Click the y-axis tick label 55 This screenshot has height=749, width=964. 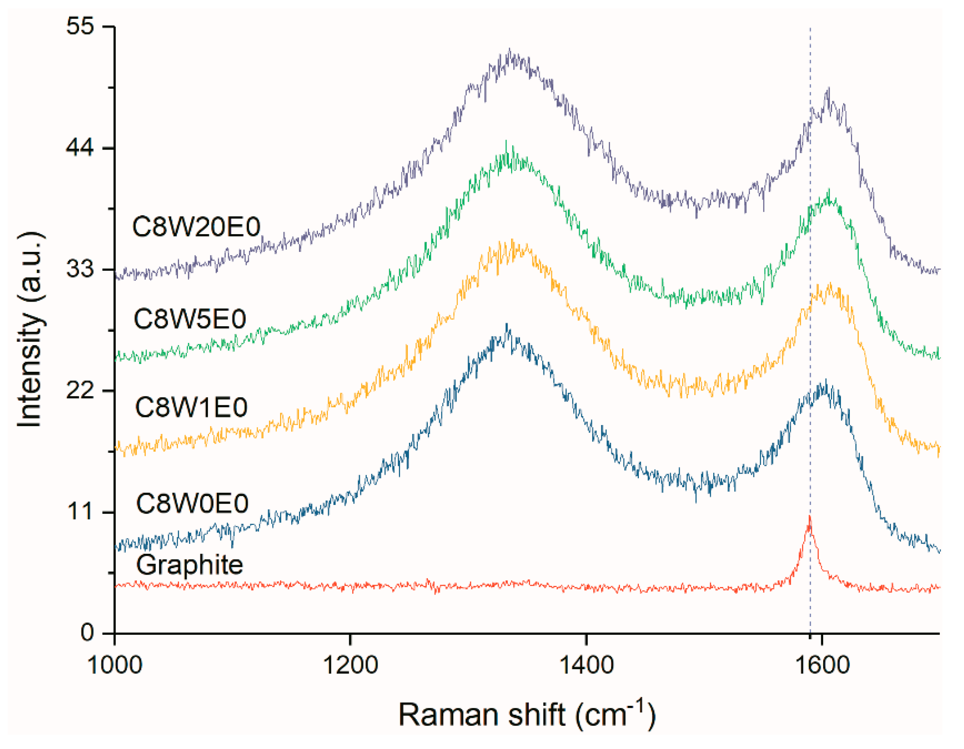[80, 26]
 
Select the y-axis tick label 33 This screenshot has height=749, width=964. [80, 269]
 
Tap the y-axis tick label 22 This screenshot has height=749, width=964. [80, 391]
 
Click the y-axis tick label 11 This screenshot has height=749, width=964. [80, 512]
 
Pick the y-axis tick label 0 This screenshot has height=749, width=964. [88, 633]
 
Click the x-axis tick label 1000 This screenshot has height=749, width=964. [115, 665]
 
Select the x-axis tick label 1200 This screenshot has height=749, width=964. [351, 665]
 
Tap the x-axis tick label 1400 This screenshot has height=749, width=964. [586, 665]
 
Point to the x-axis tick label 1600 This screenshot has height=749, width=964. [822, 665]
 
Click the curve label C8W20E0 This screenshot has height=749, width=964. [196, 228]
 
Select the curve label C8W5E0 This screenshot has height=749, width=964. [190, 319]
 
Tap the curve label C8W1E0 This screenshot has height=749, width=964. [191, 407]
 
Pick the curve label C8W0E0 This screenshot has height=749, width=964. [192, 503]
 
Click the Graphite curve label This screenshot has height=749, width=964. [189, 565]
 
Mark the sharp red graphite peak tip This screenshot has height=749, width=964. [810, 517]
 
